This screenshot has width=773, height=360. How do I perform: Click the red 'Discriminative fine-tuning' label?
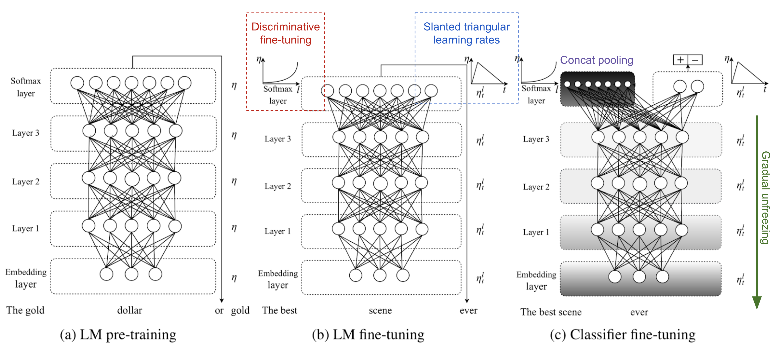(285, 33)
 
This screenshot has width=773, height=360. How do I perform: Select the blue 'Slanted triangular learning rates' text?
(466, 33)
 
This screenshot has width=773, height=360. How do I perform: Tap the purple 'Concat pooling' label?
(597, 60)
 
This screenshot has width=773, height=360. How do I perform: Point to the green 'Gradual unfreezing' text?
(765, 197)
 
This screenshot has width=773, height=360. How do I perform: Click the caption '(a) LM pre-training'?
(118, 334)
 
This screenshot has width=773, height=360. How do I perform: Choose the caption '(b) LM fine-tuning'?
(368, 334)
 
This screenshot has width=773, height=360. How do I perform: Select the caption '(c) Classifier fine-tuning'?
(623, 334)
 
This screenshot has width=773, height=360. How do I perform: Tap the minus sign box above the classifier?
(695, 60)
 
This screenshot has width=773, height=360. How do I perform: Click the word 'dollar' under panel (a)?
(130, 310)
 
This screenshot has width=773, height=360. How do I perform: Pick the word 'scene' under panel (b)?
(380, 310)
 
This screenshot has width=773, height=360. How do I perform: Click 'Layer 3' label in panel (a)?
(26, 133)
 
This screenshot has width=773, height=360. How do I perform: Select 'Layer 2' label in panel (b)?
(278, 186)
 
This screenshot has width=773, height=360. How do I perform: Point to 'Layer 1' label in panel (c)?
(536, 232)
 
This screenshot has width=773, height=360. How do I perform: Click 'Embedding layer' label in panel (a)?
(26, 278)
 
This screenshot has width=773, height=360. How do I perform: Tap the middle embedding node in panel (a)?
(132, 274)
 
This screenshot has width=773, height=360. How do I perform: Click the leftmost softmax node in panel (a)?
(77, 83)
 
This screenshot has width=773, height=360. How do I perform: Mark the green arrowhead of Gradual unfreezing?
(757, 303)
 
